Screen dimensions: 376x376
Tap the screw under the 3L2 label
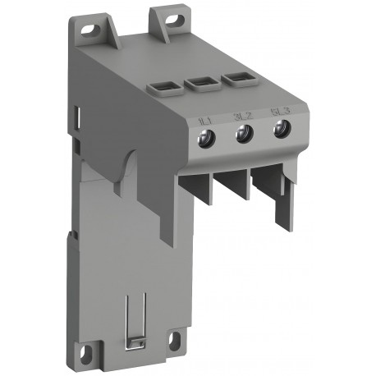[x=243, y=133]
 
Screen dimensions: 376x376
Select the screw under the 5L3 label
[x=280, y=127]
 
